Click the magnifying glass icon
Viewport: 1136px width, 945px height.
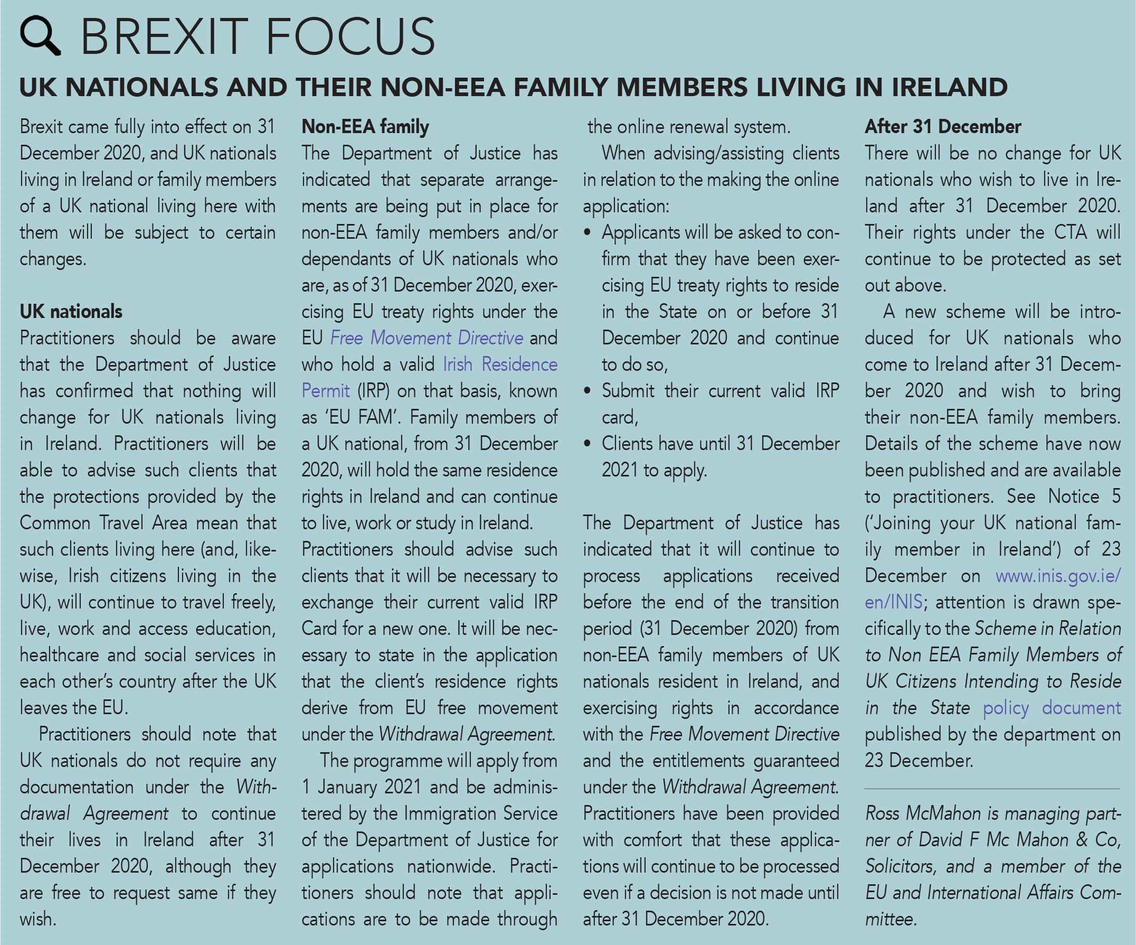pos(39,35)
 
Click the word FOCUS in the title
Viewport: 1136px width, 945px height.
pos(350,37)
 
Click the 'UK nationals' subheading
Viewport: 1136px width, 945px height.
pos(71,312)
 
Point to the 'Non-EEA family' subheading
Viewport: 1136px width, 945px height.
pos(365,127)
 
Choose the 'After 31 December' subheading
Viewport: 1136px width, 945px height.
pos(942,127)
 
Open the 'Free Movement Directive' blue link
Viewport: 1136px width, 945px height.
pos(427,338)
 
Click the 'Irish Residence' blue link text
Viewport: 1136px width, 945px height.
pos(500,365)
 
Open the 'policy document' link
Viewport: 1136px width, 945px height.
pos(1051,708)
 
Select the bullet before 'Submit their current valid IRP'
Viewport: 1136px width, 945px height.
pos(588,391)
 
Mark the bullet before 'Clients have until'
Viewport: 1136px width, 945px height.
pos(588,444)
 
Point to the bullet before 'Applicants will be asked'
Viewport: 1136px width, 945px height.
pos(588,233)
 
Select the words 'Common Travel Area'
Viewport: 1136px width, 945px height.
pos(103,523)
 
